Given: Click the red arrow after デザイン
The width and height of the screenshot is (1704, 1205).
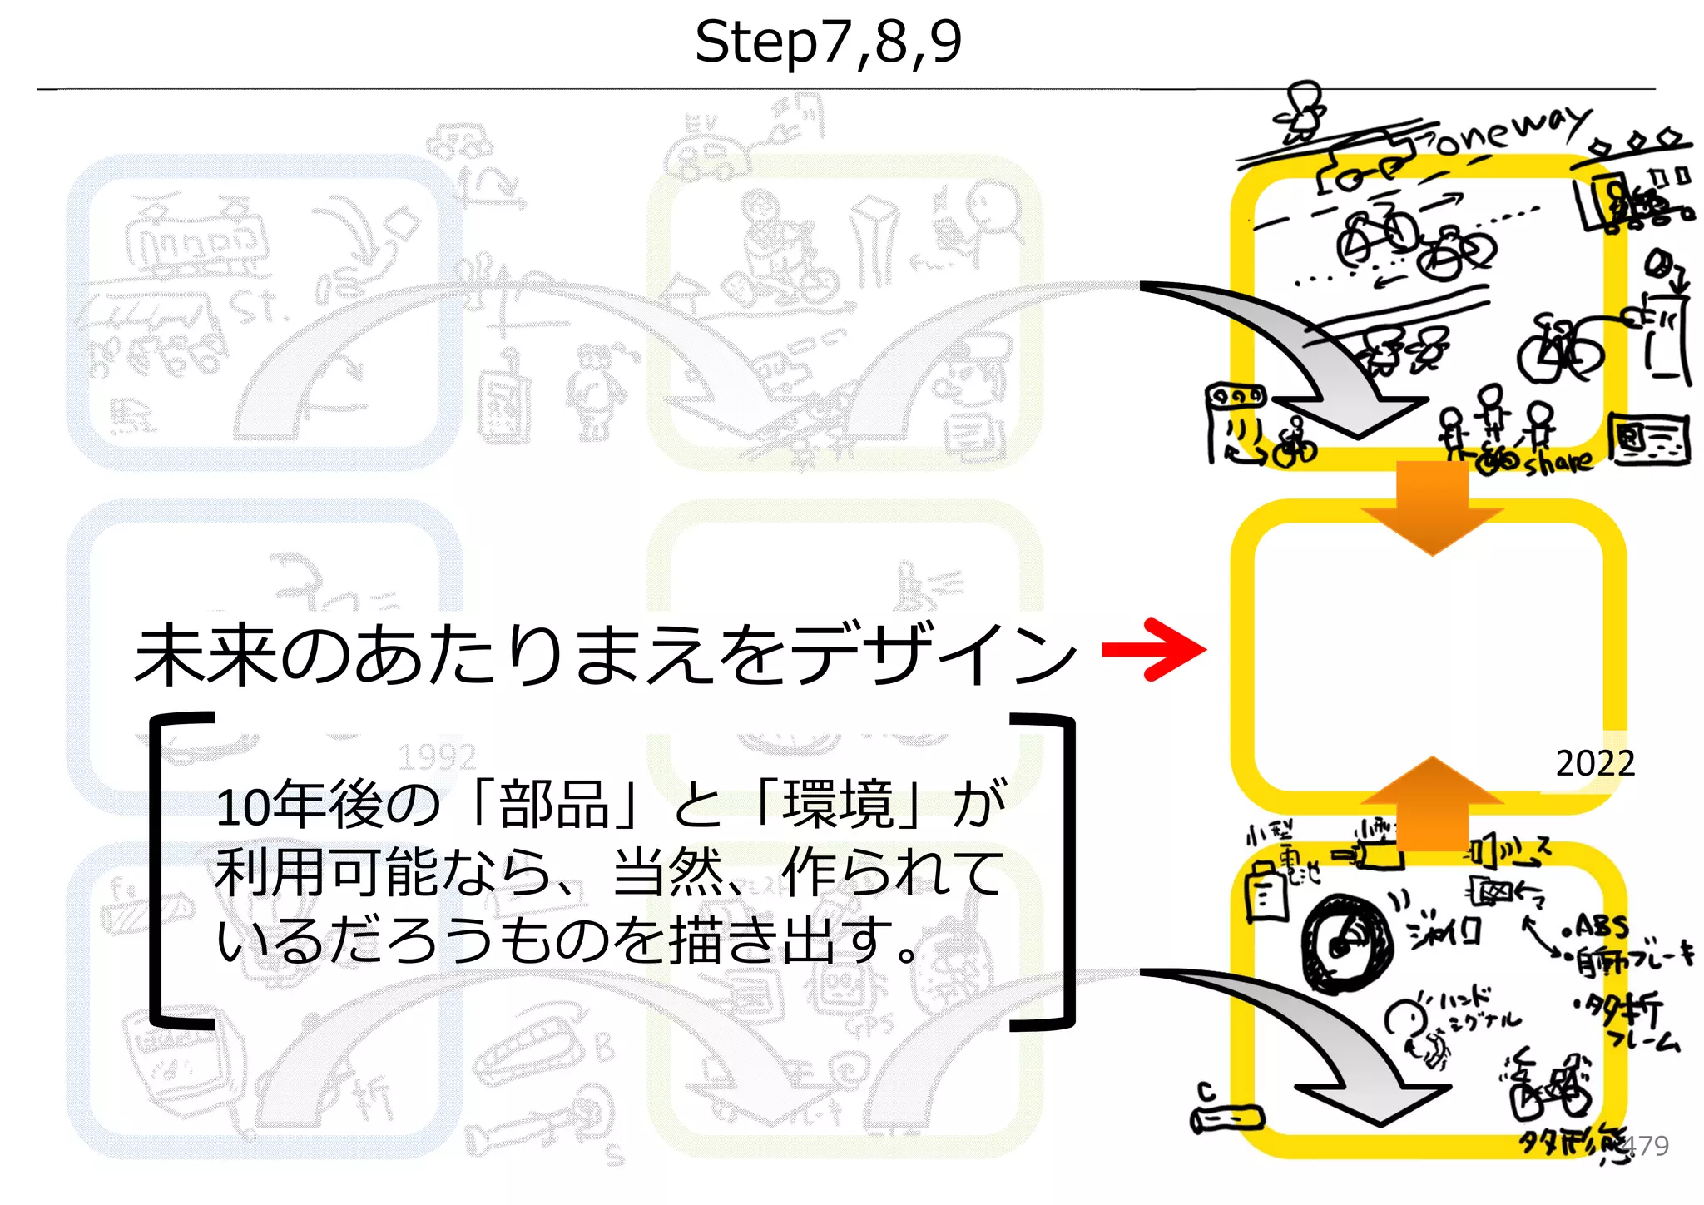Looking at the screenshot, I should [1155, 649].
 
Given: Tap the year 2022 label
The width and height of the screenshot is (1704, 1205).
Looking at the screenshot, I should [1595, 763].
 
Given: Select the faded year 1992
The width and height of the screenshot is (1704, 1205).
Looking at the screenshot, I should [436, 757].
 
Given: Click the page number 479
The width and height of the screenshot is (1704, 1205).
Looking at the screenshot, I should [1645, 1146].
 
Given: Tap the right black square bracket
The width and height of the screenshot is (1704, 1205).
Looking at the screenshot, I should [1053, 870].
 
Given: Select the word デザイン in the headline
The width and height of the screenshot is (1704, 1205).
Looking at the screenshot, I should [932, 655].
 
